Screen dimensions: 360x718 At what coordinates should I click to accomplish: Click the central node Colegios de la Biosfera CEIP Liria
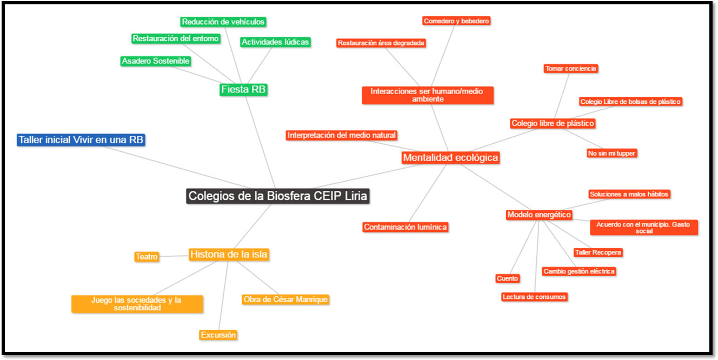pos(278,196)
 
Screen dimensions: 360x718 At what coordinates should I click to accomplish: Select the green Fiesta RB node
pos(244,89)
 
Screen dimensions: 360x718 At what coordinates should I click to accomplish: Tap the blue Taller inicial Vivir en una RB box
pos(81,140)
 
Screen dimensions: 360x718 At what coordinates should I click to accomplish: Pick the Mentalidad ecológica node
pos(450,157)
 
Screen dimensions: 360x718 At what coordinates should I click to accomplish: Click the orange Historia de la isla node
pos(229,254)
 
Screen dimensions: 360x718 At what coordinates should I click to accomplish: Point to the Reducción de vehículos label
pos(223,22)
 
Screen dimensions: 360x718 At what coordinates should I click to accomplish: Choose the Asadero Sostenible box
pos(156,61)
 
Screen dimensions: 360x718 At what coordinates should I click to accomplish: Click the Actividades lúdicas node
pos(275,42)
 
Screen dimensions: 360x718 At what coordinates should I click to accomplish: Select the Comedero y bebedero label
pos(456,21)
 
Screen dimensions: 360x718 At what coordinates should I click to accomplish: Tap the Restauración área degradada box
pos(381,43)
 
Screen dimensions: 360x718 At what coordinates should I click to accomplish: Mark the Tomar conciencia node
pos(571,69)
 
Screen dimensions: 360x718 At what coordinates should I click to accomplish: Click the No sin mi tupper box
pos(611,153)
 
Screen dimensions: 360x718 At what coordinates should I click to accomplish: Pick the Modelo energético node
pos(539,215)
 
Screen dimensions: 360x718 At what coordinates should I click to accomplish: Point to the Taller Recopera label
pos(598,252)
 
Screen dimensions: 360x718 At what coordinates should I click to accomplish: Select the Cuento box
pos(507,278)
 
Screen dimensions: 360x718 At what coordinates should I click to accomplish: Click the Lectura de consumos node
pos(534,297)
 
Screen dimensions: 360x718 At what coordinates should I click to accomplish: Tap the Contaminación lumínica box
pos(405,227)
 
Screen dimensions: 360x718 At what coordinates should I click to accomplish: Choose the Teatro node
pos(147,257)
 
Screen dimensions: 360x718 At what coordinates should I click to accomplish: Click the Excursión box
pos(218,335)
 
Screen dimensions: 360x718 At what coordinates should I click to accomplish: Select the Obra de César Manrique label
pos(285,299)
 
